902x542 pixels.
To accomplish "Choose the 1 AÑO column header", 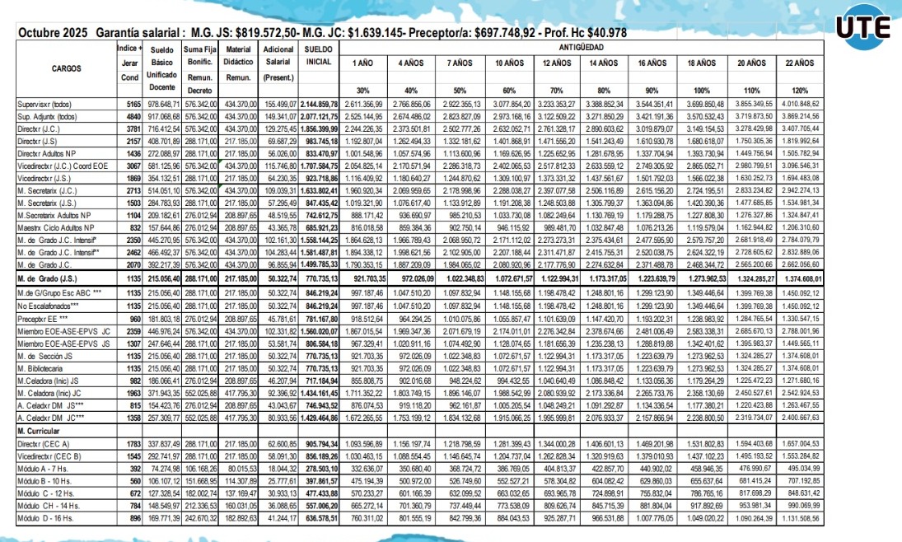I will click(363, 63).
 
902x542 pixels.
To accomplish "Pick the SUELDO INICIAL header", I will click(319, 56).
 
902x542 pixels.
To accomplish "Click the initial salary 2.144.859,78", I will click(319, 105).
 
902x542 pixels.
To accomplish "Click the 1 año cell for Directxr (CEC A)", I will click(363, 444).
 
